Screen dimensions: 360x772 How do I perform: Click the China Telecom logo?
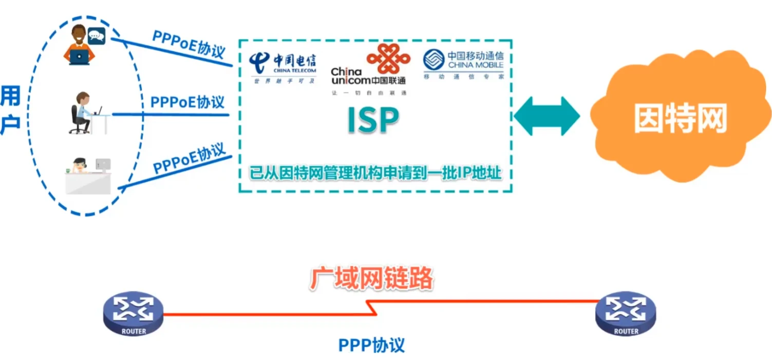point(283,67)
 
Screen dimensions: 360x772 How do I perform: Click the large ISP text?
point(373,120)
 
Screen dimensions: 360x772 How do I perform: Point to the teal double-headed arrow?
point(547,116)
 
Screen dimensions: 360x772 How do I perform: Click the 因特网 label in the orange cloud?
point(681,120)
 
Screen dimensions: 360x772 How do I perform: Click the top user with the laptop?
point(80,46)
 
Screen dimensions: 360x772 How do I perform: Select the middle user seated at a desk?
point(84,113)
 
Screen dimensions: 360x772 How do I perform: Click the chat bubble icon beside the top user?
point(97,35)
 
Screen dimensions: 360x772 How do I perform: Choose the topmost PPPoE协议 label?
point(189,44)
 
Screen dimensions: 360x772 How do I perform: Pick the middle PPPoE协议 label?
point(187,102)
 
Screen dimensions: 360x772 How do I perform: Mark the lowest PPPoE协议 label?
point(190,159)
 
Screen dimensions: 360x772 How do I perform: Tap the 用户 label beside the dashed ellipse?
point(10,110)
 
